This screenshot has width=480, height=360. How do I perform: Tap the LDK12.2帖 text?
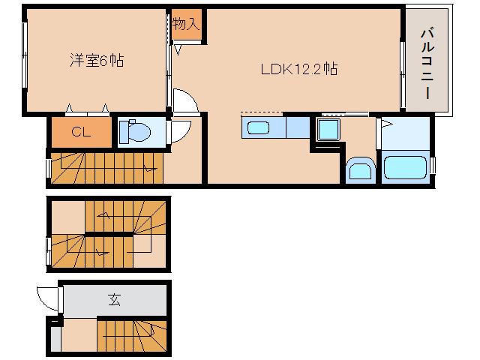click(x=298, y=70)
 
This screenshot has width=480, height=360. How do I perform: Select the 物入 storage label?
click(x=184, y=25)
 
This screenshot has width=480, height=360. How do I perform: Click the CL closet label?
click(x=82, y=133)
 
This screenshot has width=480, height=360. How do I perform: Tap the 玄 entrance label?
click(x=114, y=300)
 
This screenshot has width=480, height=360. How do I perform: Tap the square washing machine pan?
click(x=328, y=129)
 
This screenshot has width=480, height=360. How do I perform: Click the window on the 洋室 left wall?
click(x=25, y=56)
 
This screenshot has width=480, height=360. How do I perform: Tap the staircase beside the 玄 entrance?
click(x=130, y=334)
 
